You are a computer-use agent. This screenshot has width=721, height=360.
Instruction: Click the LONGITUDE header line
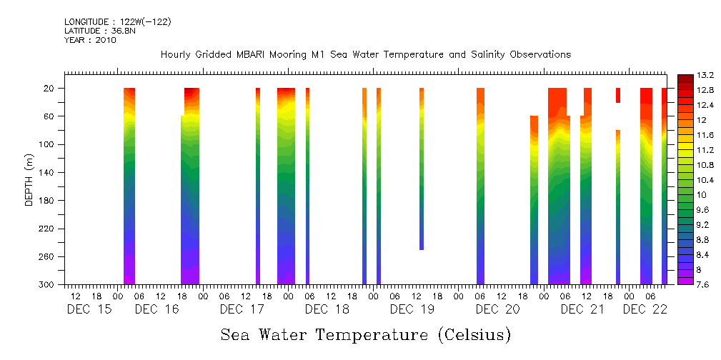tap(117, 21)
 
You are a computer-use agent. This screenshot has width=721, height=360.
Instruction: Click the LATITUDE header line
tap(94, 31)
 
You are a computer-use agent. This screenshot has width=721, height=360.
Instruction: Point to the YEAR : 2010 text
tap(89, 40)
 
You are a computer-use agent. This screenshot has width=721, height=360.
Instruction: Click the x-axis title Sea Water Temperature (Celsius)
tap(365, 334)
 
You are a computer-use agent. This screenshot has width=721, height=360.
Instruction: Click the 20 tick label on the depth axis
tap(50, 89)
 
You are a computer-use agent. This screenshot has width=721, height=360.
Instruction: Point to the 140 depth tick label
tap(47, 172)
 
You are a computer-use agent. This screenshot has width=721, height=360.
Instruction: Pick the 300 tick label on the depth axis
tap(47, 284)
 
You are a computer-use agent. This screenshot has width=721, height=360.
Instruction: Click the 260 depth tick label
tap(47, 256)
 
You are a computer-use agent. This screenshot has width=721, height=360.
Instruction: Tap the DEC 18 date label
tap(327, 309)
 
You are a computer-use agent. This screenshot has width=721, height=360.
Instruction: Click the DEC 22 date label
tap(645, 309)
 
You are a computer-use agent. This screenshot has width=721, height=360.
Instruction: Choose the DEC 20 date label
tap(497, 309)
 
